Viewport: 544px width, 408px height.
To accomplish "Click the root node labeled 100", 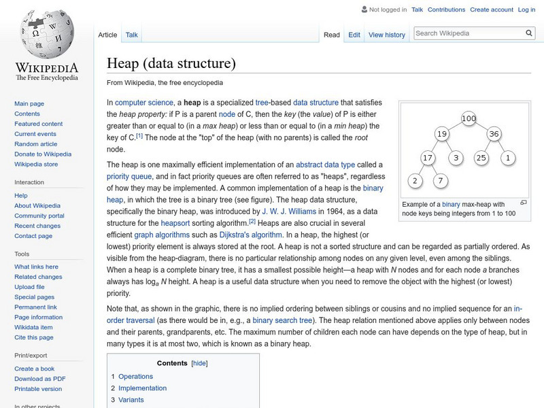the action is click(469, 119).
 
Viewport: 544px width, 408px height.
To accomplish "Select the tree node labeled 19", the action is click(442, 134).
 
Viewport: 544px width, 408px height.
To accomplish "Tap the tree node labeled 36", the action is click(494, 134).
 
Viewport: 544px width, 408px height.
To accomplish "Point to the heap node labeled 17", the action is click(428, 158).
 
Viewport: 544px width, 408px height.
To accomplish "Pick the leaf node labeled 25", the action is click(481, 158).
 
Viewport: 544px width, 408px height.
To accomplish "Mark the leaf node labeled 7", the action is click(441, 180).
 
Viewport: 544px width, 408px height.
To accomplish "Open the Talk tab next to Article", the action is click(132, 35).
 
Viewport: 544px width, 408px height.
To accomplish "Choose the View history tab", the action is click(386, 35).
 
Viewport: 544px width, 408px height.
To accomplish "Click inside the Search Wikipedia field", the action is click(468, 33).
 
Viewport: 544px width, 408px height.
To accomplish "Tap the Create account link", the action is click(492, 10).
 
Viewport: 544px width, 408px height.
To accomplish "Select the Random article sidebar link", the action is click(36, 144).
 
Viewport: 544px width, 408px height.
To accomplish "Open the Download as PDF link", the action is click(40, 379).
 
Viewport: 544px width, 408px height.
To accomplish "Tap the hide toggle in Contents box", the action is click(199, 363).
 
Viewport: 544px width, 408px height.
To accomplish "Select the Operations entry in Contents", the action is click(135, 376).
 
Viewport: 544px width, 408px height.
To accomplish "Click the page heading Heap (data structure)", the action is click(171, 64).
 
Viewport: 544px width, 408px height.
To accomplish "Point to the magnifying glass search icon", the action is click(529, 33).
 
